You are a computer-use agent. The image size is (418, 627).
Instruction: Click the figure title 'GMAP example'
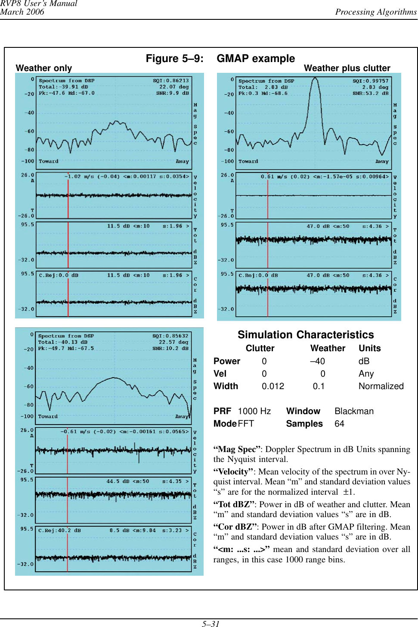[256, 59]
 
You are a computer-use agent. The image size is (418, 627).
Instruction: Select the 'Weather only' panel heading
[44, 68]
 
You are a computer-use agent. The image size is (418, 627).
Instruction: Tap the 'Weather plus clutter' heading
[347, 68]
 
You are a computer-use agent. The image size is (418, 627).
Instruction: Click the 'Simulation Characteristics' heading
[306, 335]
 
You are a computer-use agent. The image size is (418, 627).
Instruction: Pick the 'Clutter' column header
[260, 348]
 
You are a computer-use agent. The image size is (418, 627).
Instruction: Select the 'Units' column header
[370, 348]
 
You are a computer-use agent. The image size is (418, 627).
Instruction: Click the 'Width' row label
[226, 386]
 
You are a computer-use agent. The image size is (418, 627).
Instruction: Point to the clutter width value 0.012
[273, 386]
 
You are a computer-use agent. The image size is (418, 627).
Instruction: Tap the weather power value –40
[318, 361]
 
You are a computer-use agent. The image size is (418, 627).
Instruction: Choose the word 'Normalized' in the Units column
[381, 386]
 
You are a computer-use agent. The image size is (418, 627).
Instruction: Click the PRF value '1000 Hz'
[254, 411]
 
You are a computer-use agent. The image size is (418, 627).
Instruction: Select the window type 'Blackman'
[354, 411]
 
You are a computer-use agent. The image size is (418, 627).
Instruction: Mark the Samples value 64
[339, 424]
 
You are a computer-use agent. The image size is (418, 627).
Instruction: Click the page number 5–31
[211, 623]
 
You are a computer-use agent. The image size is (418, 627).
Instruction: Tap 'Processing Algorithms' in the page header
[376, 12]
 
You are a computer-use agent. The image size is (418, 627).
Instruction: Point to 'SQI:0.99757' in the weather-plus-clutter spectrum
[370, 81]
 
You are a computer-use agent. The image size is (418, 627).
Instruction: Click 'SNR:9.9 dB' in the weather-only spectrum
[172, 93]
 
